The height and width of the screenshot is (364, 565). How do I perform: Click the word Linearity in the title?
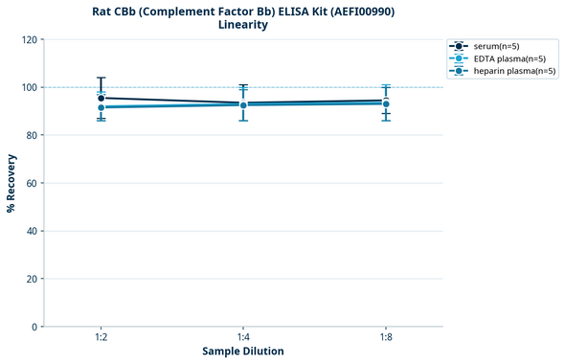[242, 25]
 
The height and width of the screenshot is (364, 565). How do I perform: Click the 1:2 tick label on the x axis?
[101, 338]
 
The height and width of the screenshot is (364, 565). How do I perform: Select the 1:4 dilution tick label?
[243, 338]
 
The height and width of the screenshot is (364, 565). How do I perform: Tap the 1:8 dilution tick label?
[385, 338]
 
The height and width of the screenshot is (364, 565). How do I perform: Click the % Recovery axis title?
[11, 183]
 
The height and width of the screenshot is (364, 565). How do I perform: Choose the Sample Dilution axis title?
[242, 352]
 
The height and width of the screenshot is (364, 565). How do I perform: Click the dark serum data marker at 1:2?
[101, 98]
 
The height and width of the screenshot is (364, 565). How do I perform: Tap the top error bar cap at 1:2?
[101, 78]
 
